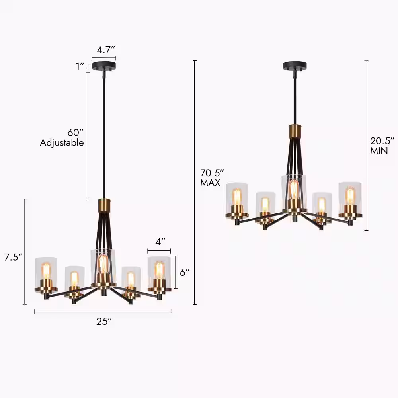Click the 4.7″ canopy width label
coord(106,50)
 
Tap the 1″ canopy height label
coord(80,66)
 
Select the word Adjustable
coord(62,142)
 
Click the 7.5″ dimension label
coord(13,257)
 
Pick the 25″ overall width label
coord(104,321)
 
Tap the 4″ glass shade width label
coord(160,242)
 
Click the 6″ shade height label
coord(185,272)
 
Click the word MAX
coord(210,183)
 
